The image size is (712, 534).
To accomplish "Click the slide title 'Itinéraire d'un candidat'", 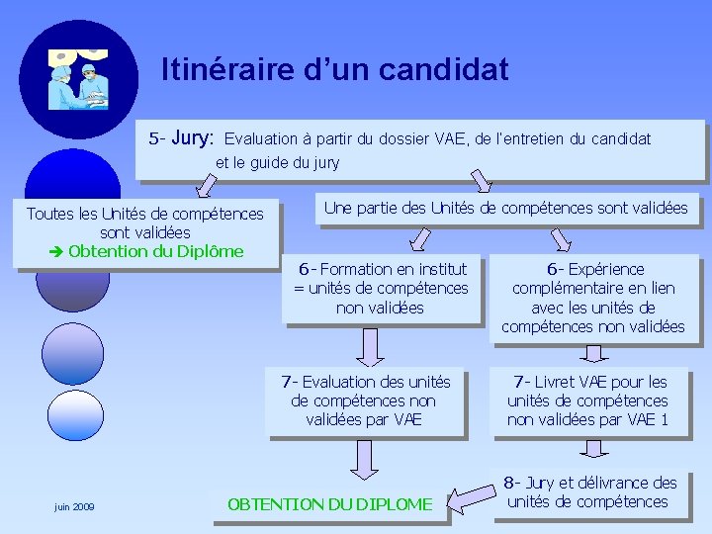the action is (x=335, y=70).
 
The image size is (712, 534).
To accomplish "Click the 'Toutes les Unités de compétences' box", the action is (x=145, y=231).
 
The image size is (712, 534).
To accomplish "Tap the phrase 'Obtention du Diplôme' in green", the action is (x=155, y=250).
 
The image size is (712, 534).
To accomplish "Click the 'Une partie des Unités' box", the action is (x=505, y=209).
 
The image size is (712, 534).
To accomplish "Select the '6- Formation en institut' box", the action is (x=380, y=288).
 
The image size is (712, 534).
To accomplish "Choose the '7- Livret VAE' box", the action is (x=587, y=400).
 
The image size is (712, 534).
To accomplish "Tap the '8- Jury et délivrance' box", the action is (x=589, y=492).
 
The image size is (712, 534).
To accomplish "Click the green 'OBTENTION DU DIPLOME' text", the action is (x=329, y=504).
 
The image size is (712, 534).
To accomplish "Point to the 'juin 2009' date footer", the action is (x=74, y=506).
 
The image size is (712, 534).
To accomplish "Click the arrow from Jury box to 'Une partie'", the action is (x=481, y=181).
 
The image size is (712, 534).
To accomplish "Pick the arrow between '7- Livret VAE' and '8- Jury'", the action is (x=593, y=450).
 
